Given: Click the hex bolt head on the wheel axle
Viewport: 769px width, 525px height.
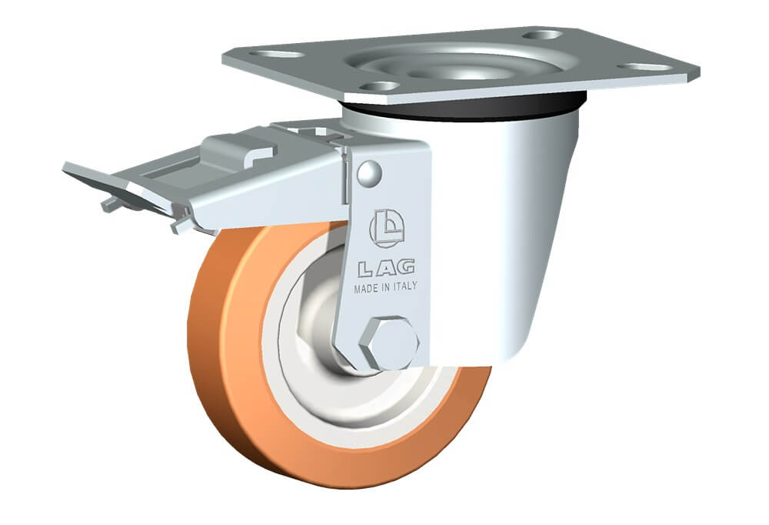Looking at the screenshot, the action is (x=389, y=343).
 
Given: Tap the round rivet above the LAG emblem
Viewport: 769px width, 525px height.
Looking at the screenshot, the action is (x=369, y=173).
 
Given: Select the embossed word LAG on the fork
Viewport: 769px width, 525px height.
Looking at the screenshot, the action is (x=387, y=268).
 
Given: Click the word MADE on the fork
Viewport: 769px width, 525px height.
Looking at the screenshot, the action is (x=366, y=289).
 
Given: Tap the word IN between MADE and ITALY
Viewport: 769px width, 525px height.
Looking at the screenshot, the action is (x=386, y=287).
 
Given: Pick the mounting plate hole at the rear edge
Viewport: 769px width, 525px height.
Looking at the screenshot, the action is (x=542, y=35).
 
